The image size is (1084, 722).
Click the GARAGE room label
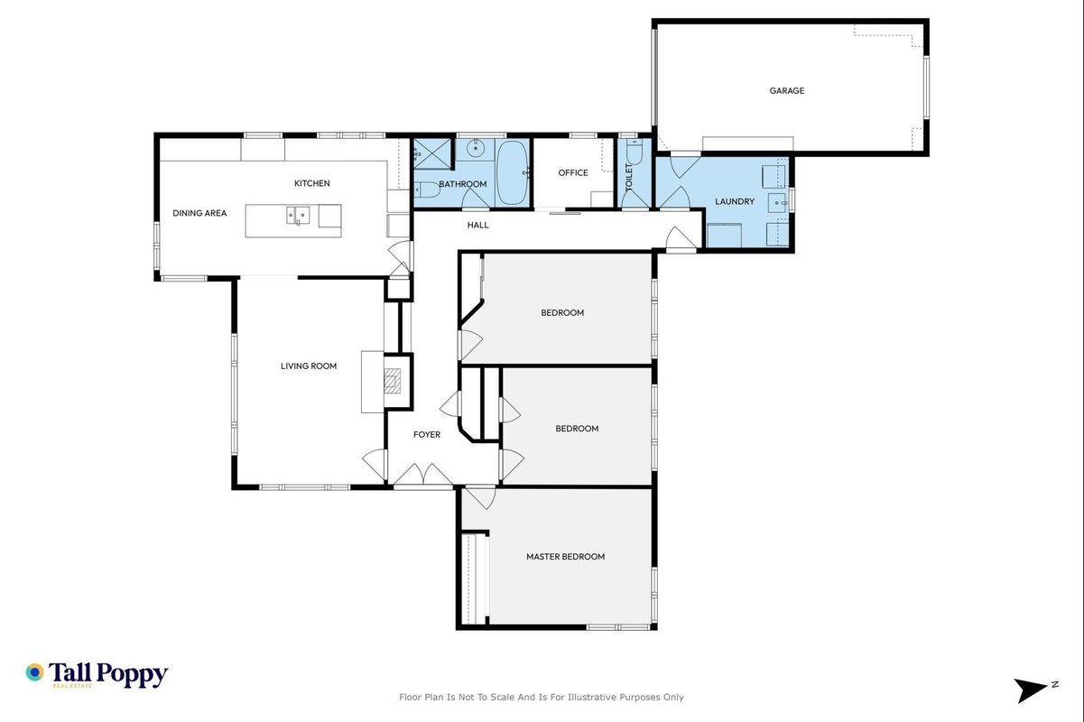787,90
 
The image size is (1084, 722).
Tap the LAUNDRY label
735,201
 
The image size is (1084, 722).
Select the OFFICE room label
573,172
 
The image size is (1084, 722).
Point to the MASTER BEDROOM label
565,557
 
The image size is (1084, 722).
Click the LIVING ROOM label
309,366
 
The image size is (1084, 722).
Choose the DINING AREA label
199,213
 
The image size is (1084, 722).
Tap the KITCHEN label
312,183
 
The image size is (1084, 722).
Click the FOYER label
427,435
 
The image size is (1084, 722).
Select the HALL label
478,225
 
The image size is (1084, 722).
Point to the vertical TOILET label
629,177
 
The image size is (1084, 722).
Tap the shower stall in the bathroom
431,154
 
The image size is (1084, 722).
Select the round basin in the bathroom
476,150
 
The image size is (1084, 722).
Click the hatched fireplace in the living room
392,381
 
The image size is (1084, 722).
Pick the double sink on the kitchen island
298,216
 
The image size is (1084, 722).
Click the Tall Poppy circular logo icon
34,672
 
